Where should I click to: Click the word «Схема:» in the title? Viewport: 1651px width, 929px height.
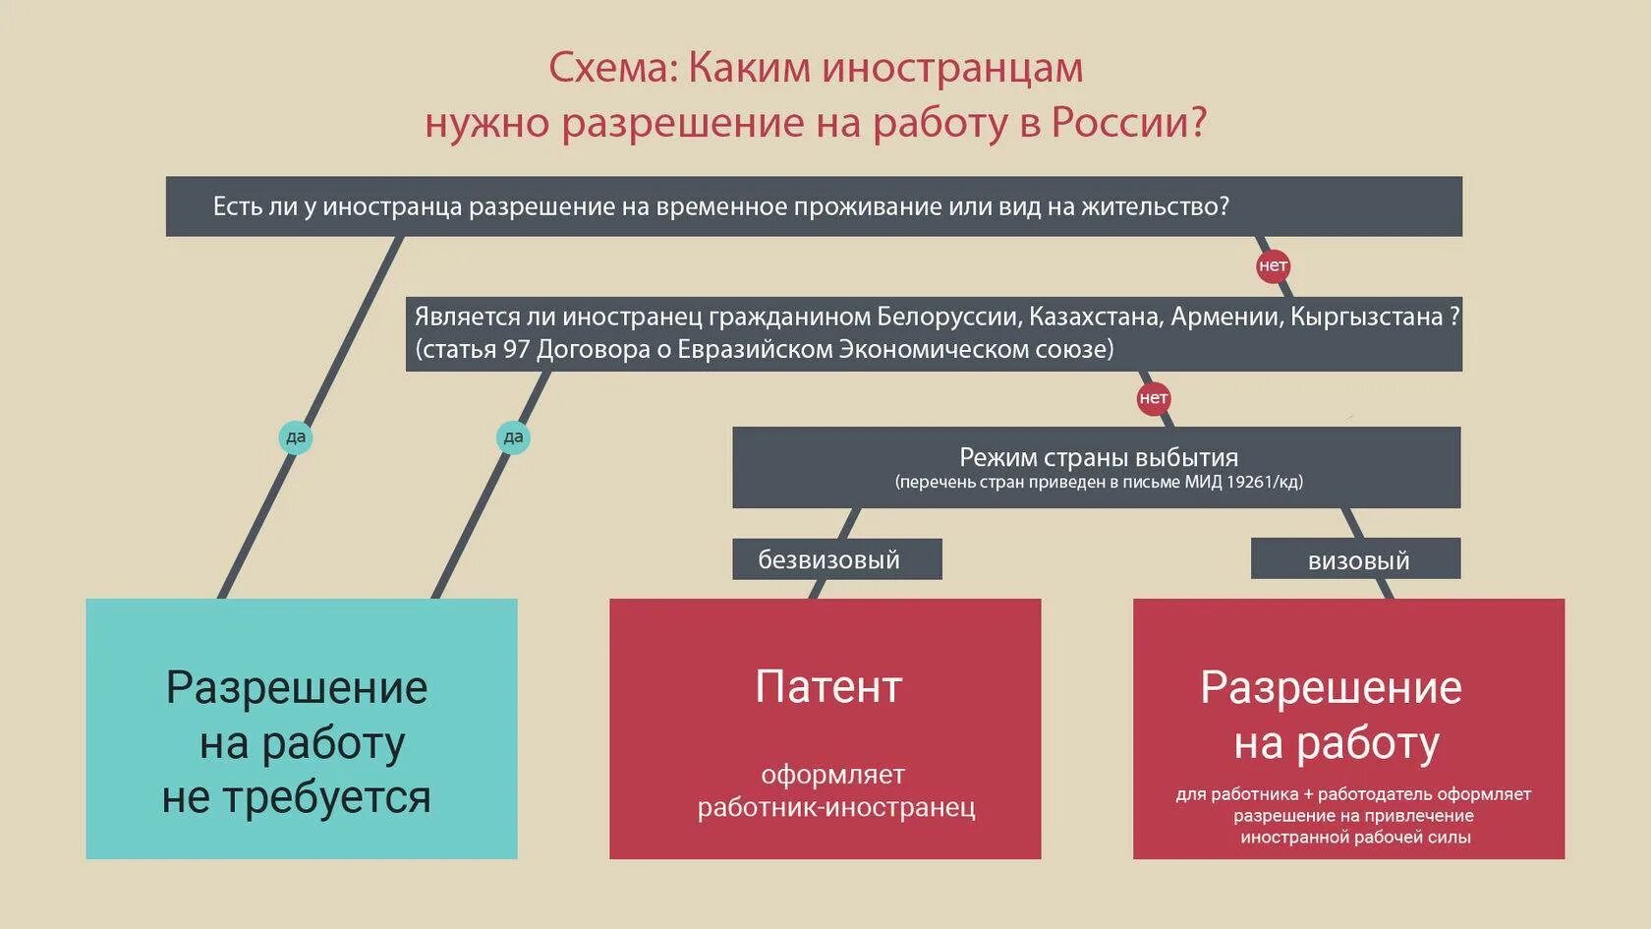point(611,69)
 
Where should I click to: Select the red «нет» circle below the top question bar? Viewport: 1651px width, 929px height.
point(1273,266)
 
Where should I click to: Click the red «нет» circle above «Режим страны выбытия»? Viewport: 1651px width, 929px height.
point(1153,398)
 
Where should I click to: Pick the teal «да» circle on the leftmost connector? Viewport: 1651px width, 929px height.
point(296,437)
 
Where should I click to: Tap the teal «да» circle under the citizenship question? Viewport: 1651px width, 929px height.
point(513,437)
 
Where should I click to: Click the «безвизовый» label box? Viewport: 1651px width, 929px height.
point(836,559)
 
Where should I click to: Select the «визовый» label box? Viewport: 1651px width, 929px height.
point(1357,560)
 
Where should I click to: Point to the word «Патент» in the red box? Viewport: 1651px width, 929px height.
point(827,687)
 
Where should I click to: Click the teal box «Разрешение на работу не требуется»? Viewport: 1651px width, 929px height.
point(301,728)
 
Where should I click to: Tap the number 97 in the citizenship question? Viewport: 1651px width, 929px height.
point(517,349)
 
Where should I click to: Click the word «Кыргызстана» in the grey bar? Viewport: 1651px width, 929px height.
point(1366,317)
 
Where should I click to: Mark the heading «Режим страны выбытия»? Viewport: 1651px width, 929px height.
point(1098,457)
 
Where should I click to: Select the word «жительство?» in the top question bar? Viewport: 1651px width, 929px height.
point(1155,206)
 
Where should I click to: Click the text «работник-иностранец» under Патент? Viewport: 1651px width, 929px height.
point(836,807)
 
